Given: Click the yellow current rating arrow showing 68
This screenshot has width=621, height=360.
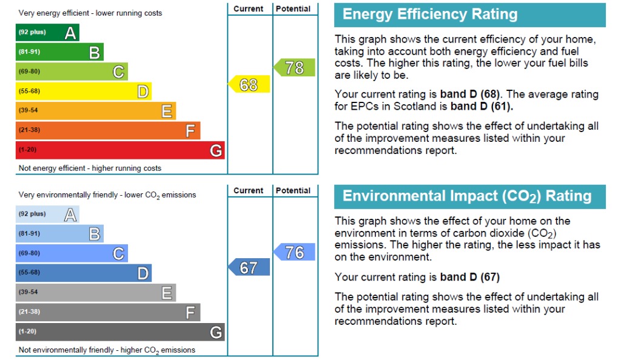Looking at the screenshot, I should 249,84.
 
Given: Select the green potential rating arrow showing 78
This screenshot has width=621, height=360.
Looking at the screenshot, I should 295,67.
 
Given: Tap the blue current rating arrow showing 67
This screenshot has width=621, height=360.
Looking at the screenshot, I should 249,267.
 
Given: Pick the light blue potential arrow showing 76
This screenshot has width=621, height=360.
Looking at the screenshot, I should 295,252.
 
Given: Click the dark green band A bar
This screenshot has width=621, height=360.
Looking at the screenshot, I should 47,32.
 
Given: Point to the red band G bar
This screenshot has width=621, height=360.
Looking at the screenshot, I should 120,150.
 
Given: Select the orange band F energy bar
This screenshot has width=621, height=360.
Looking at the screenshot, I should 108,130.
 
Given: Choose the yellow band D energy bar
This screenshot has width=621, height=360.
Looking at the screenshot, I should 84,91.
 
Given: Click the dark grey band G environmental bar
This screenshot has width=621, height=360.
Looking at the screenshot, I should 120,332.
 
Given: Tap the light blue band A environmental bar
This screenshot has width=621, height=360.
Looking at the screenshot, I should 47,214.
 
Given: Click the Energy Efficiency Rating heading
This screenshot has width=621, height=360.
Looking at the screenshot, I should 430,15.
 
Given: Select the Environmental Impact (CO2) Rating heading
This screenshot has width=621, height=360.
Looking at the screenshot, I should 467,196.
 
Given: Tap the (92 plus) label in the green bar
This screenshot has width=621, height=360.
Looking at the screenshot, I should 32,32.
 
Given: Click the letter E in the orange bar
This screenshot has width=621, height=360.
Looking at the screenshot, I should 167,111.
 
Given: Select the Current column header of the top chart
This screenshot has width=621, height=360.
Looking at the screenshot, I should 249,8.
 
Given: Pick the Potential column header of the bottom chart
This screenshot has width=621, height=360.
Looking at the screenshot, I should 294,190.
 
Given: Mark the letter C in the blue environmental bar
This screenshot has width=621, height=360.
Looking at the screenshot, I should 119,253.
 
